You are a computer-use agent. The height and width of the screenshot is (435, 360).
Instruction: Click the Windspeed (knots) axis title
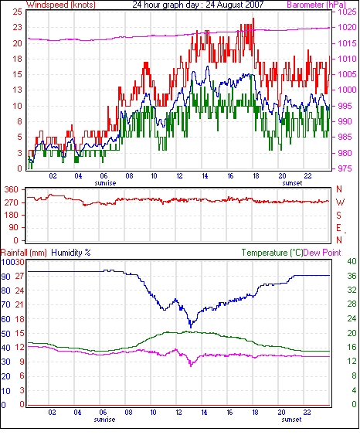(x=61, y=5)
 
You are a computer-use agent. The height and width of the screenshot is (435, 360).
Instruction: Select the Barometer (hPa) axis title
(x=317, y=5)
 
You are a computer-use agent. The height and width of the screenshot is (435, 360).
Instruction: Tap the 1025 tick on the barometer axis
(x=347, y=12)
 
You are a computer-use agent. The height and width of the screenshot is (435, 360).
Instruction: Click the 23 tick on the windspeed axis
(x=18, y=27)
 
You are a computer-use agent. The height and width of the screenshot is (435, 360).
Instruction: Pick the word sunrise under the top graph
(x=105, y=183)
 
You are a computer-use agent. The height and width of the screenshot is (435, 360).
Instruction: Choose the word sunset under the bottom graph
(x=291, y=420)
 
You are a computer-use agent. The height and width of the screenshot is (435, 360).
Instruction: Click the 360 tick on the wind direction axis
(x=11, y=190)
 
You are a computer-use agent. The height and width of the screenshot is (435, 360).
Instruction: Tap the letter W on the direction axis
(x=340, y=202)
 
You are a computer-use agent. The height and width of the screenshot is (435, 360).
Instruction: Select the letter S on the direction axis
(x=339, y=215)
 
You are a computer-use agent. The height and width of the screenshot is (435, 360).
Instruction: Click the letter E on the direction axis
(x=339, y=228)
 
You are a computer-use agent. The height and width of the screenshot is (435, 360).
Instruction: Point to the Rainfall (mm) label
(x=24, y=253)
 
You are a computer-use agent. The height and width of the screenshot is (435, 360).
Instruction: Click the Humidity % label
(x=71, y=253)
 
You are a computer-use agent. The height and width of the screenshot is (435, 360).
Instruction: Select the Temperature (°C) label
(x=272, y=253)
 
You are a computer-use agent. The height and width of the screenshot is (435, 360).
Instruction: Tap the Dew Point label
(x=322, y=253)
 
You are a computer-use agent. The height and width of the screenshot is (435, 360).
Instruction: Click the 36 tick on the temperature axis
(x=352, y=276)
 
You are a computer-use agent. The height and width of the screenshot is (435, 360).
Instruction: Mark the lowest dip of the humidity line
(x=191, y=327)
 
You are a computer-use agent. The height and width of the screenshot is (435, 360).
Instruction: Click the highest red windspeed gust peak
(x=253, y=19)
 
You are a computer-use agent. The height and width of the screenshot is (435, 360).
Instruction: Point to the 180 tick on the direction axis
(x=11, y=216)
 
